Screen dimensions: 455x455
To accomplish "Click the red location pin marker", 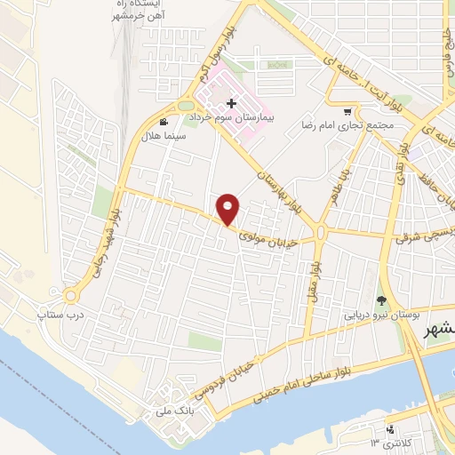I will click(x=228, y=208).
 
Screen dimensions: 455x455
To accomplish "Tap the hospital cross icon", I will click(x=231, y=104).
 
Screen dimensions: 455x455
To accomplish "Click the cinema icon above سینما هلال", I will click(x=163, y=122).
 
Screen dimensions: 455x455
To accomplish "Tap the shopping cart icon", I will click(x=347, y=113).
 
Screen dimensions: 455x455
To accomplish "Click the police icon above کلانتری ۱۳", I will click(x=391, y=428).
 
